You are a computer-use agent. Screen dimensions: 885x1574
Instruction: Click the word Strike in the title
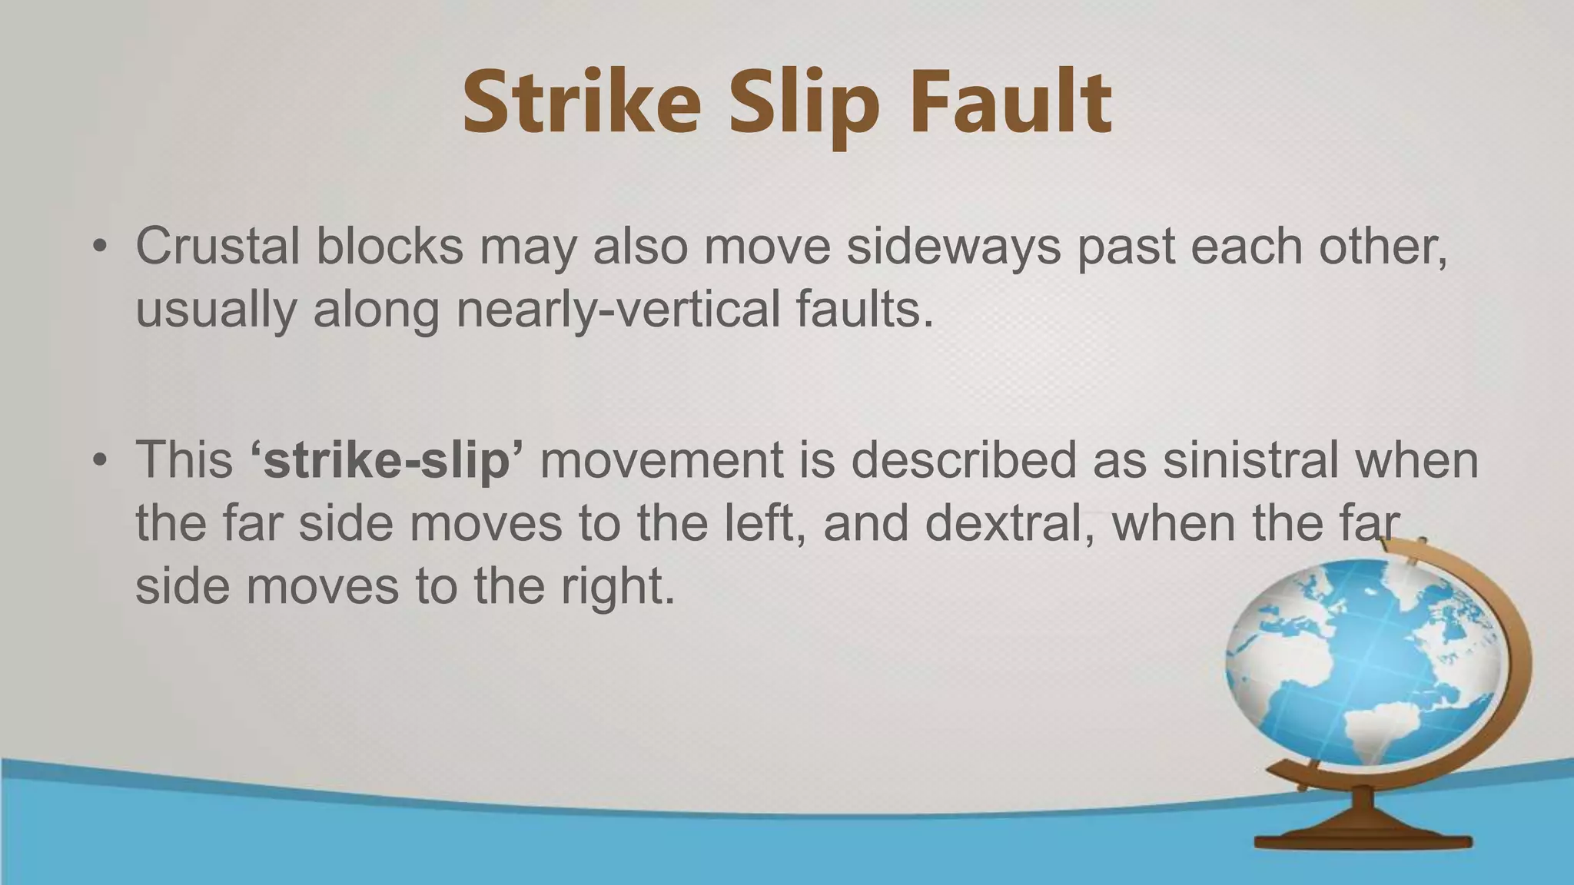point(582,103)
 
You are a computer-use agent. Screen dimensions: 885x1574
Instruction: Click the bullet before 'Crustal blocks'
point(99,247)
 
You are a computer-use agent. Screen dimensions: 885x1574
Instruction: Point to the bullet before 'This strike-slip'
point(99,461)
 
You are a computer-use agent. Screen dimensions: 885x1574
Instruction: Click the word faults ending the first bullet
point(864,310)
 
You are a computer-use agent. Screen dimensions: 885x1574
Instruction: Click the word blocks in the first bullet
point(390,247)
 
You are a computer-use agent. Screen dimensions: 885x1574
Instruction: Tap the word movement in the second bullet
point(662,460)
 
